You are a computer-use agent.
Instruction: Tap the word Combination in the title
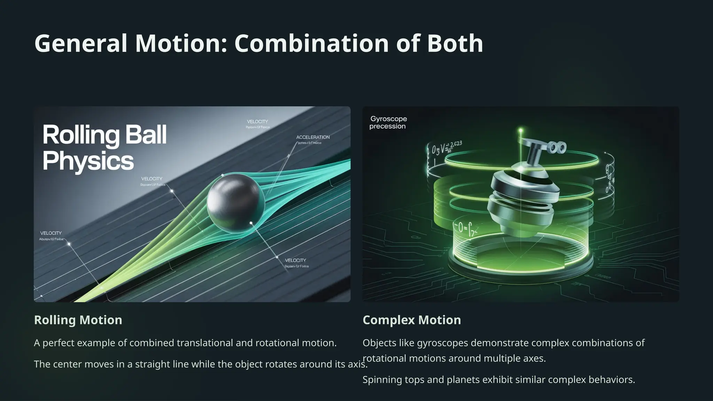(312, 44)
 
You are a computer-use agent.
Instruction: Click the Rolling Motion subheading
(78, 320)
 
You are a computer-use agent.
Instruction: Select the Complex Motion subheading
(412, 320)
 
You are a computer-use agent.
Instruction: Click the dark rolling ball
(236, 202)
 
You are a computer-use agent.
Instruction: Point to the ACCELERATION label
(313, 137)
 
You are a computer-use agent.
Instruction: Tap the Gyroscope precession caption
(388, 123)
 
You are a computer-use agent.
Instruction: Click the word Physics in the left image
(88, 161)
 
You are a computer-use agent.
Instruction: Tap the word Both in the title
(455, 44)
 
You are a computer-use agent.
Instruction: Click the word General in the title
(81, 44)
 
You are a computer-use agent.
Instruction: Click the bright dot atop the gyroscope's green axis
(521, 131)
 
